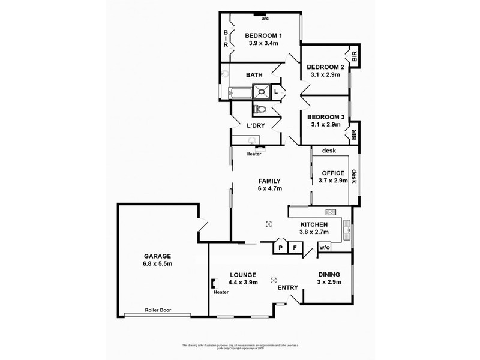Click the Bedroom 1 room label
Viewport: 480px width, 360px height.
pyautogui.click(x=264, y=35)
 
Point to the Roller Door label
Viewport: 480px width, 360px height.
pyautogui.click(x=158, y=310)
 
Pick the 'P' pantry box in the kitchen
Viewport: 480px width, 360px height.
pyautogui.click(x=280, y=247)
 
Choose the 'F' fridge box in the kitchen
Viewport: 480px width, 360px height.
pyautogui.click(x=295, y=247)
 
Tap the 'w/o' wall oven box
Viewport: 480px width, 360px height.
pyautogui.click(x=324, y=247)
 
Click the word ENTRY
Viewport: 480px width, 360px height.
pyautogui.click(x=288, y=288)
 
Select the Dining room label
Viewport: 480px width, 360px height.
pyautogui.click(x=329, y=273)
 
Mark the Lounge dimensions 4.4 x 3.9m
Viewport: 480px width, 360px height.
pyautogui.click(x=243, y=282)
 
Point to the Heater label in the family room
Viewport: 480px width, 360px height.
pyautogui.click(x=253, y=154)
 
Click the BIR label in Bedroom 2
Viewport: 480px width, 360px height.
pyautogui.click(x=355, y=57)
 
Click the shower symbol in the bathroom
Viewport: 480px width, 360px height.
pyautogui.click(x=262, y=92)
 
